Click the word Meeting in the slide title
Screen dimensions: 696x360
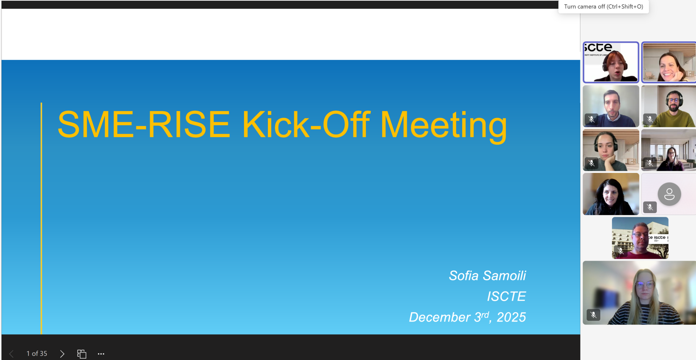pyautogui.click(x=443, y=125)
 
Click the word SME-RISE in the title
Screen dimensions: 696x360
pyautogui.click(x=144, y=124)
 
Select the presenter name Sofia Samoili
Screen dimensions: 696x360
pyautogui.click(x=487, y=276)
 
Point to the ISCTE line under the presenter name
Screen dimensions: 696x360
pyautogui.click(x=506, y=296)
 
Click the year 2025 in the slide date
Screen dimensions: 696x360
pyautogui.click(x=511, y=317)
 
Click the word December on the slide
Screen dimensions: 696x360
pyautogui.click(x=439, y=317)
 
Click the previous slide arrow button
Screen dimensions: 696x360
pyautogui.click(x=11, y=354)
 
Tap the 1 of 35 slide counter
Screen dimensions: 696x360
pyautogui.click(x=37, y=353)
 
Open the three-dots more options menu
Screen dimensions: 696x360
pyautogui.click(x=101, y=354)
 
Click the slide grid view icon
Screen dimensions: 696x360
pyautogui.click(x=82, y=354)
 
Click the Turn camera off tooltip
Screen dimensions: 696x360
pyautogui.click(x=604, y=7)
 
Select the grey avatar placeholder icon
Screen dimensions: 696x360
pyautogui.click(x=669, y=194)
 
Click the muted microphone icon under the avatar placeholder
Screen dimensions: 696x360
pyautogui.click(x=650, y=207)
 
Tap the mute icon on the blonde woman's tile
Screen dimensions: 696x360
pyautogui.click(x=593, y=315)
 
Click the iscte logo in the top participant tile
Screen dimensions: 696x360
pyautogui.click(x=598, y=48)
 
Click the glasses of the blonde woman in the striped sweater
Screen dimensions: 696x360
pyautogui.click(x=645, y=285)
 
